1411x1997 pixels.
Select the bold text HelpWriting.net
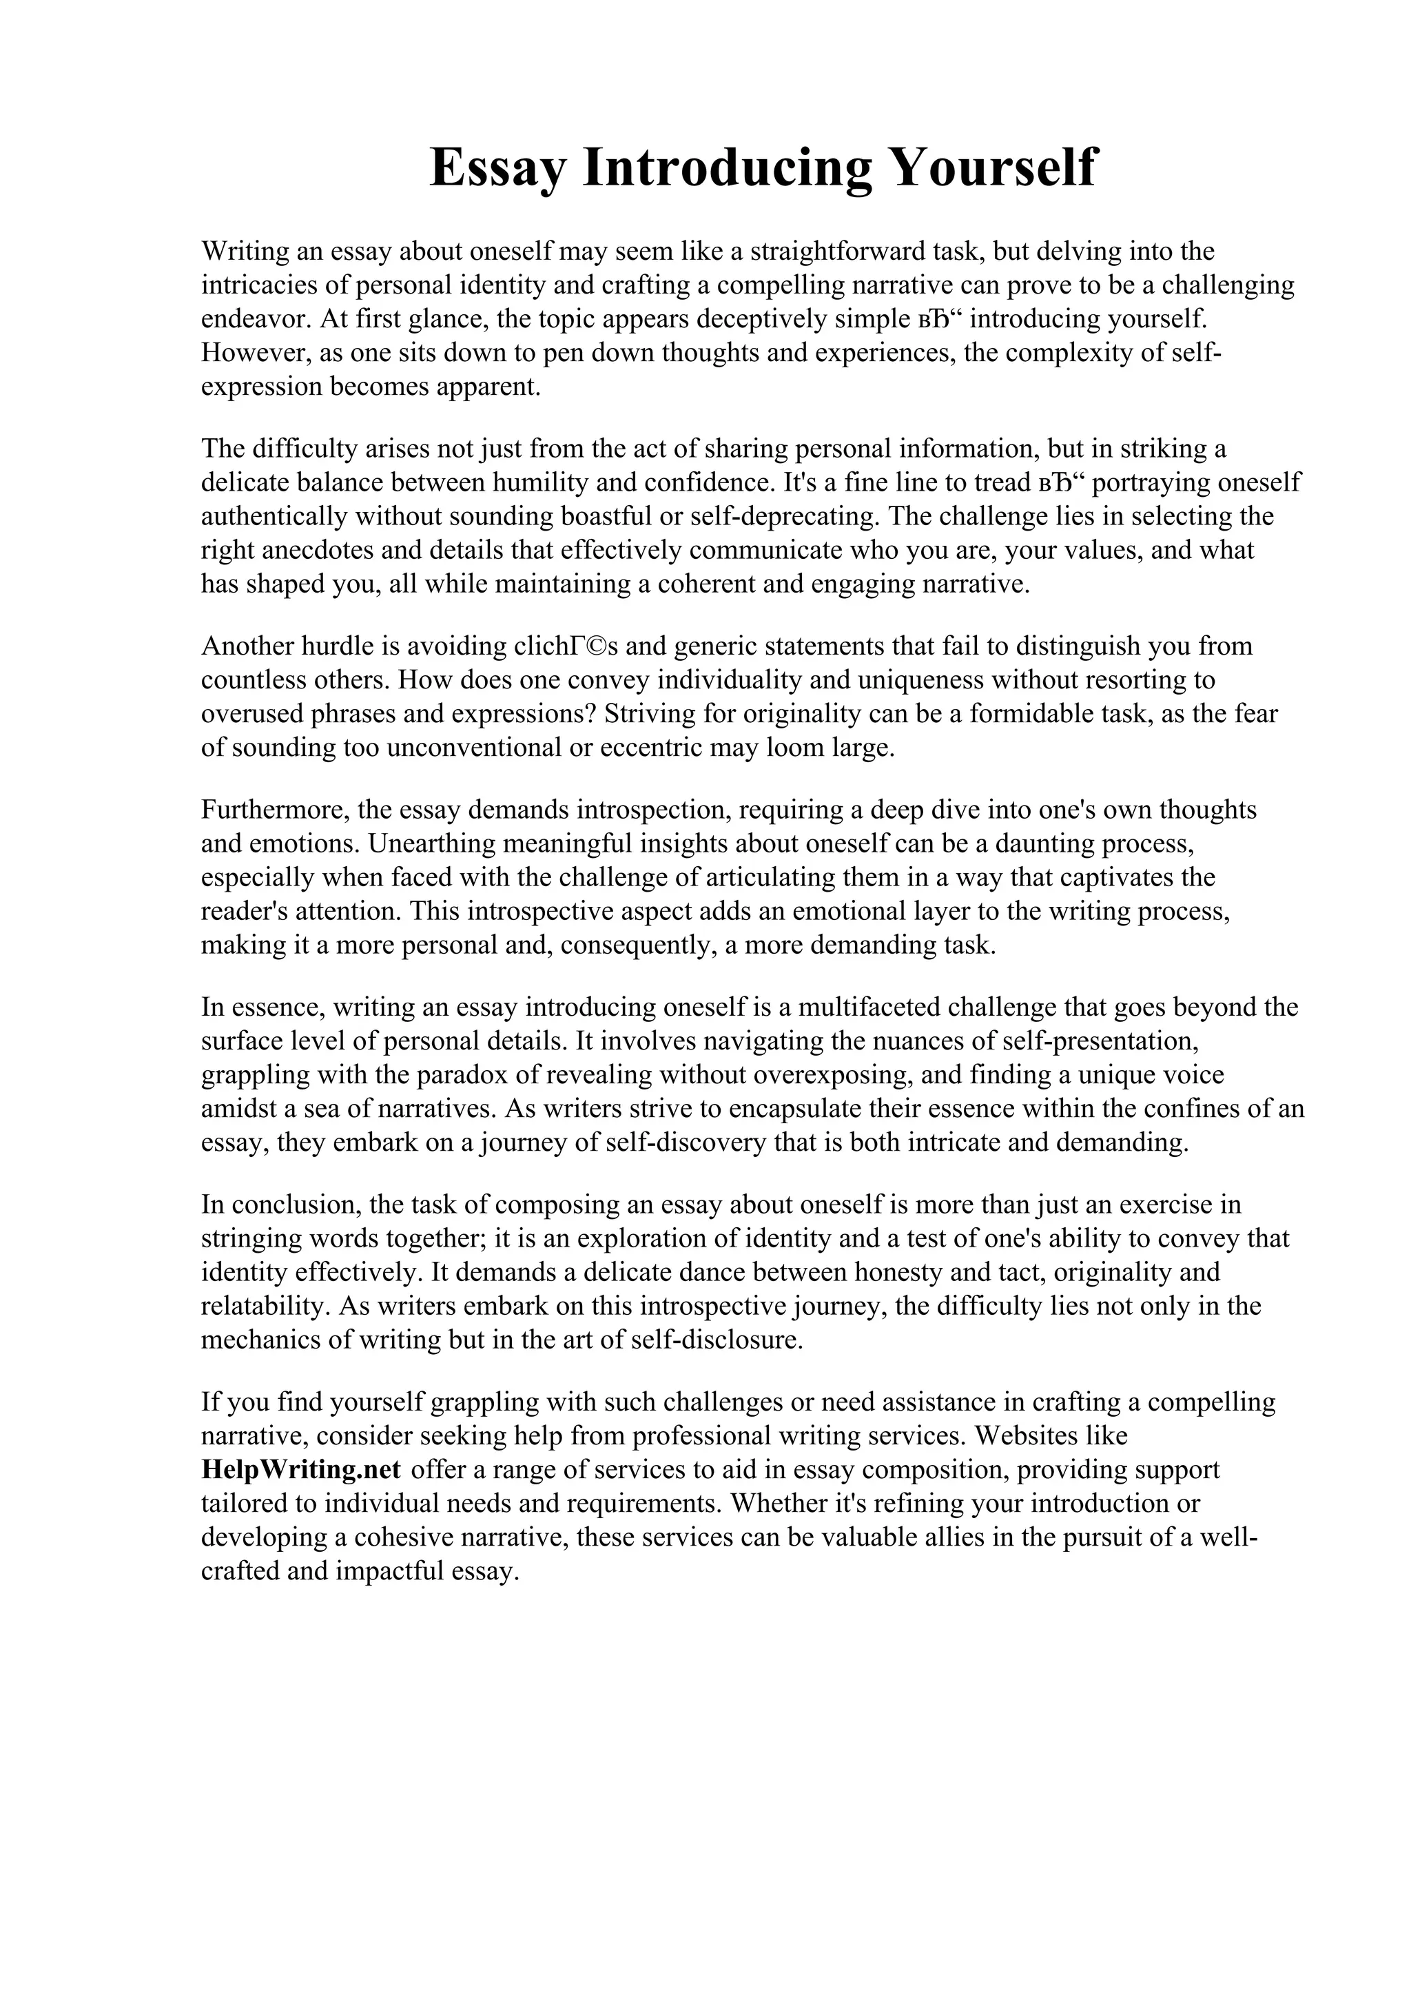[x=301, y=1469]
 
